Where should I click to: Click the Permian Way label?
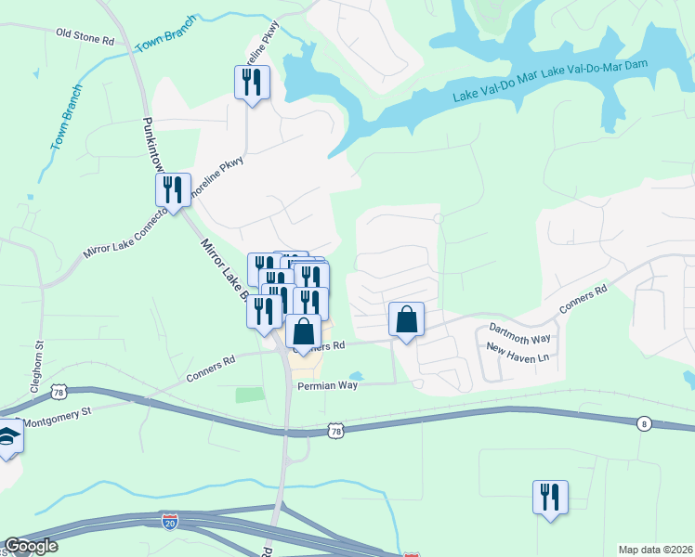pyautogui.click(x=326, y=385)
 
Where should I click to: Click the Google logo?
pyautogui.click(x=31, y=546)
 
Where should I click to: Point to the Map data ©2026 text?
pyautogui.click(x=655, y=550)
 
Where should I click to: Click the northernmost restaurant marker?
pyautogui.click(x=252, y=83)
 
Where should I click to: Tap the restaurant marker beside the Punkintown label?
pyautogui.click(x=173, y=190)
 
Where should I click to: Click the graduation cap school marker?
pyautogui.click(x=8, y=436)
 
